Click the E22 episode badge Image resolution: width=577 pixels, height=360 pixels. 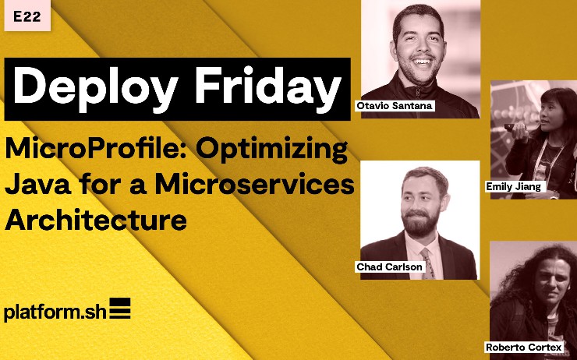(26, 15)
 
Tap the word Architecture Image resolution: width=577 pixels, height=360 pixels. (96, 220)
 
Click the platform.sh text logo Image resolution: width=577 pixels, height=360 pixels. (53, 311)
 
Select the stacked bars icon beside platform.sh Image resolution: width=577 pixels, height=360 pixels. (119, 309)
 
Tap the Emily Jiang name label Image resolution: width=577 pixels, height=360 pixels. (513, 186)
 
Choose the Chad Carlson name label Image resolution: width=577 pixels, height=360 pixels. (389, 266)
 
